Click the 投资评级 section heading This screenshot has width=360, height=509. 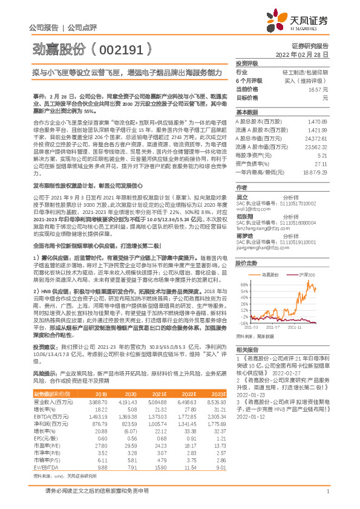(x=246, y=63)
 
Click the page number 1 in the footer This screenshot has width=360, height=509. (x=327, y=491)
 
